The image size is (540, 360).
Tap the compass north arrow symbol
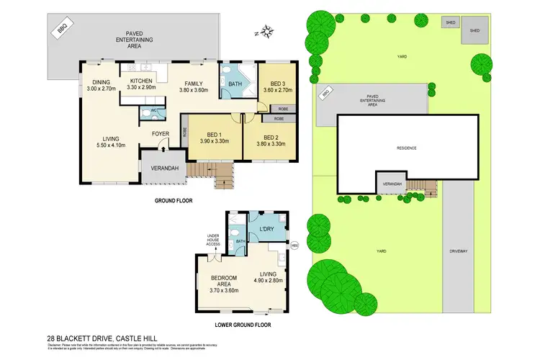pyautogui.click(x=267, y=31)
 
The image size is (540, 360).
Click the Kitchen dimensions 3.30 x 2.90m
pyautogui.click(x=141, y=89)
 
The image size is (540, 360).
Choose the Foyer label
pyautogui.click(x=160, y=134)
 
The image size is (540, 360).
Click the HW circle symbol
pyautogui.click(x=294, y=245)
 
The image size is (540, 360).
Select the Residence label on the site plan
pyautogui.click(x=407, y=148)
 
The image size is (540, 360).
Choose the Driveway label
pyautogui.click(x=459, y=251)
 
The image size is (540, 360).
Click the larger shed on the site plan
pyautogui.click(x=474, y=32)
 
